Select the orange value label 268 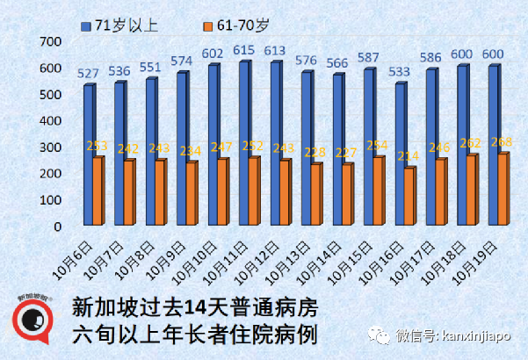(x=501, y=142)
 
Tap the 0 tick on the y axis (x=56, y=226)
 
